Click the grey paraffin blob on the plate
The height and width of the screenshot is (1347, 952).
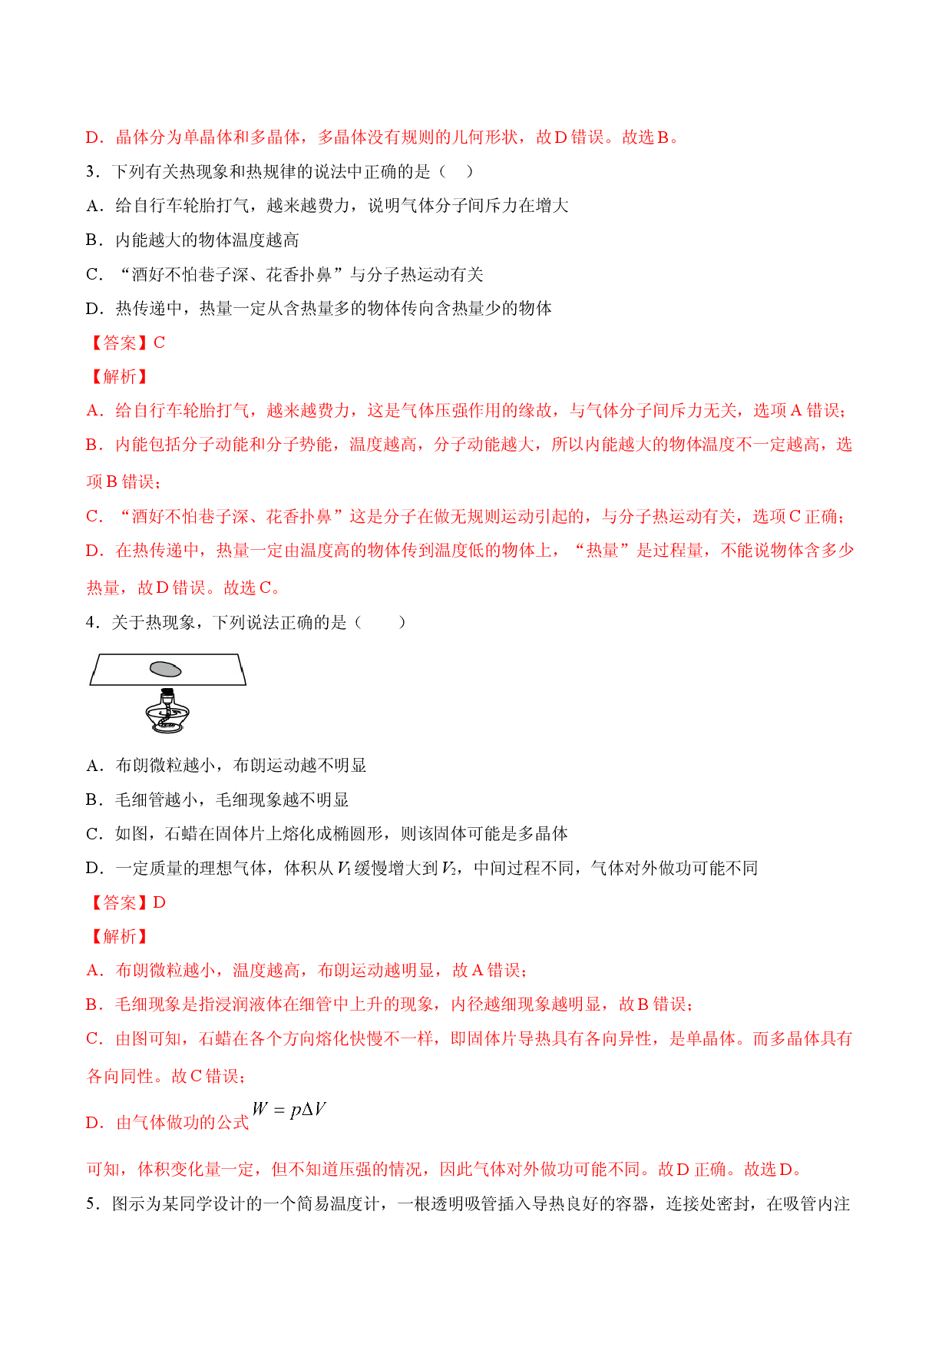click(x=166, y=669)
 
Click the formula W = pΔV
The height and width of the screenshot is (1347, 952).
click(x=289, y=1110)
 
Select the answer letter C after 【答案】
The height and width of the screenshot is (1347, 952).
click(x=160, y=343)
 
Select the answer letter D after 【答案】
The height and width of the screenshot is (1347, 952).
click(x=160, y=902)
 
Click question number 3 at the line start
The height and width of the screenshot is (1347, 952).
click(x=91, y=172)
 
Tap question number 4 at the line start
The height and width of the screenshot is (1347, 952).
click(x=91, y=622)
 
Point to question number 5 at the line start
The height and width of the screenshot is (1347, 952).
click(x=91, y=1203)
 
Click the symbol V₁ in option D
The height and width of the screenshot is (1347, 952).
click(x=344, y=869)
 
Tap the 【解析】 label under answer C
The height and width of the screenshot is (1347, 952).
click(x=118, y=376)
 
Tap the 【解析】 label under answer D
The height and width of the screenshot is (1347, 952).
click(x=118, y=936)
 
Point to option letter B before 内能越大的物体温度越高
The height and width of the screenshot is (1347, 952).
click(x=93, y=240)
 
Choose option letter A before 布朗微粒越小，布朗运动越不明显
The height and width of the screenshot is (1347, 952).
click(x=93, y=766)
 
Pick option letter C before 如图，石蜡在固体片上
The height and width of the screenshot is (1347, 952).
click(x=93, y=834)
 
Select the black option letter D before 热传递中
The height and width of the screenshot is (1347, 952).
click(x=93, y=309)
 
